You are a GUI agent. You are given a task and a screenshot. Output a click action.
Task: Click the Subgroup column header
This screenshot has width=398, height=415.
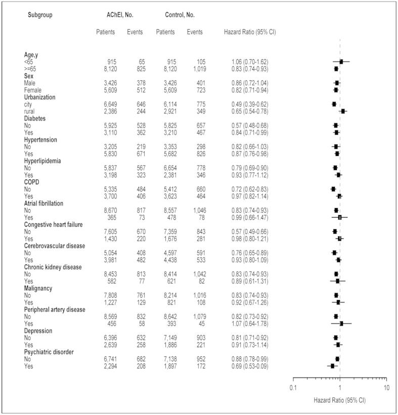(40, 14)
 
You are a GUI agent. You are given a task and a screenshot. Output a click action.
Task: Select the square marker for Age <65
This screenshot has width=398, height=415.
(341, 61)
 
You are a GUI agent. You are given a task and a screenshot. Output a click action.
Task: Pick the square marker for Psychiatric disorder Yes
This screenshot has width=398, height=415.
(332, 365)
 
